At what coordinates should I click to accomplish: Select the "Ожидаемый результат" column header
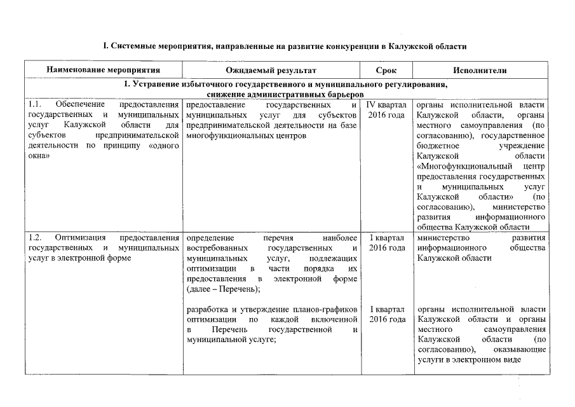pyautogui.click(x=271, y=69)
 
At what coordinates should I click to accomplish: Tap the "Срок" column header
pyautogui.click(x=386, y=69)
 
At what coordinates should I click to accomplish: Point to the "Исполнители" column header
pyautogui.click(x=480, y=69)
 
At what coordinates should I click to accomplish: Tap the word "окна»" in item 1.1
pyautogui.click(x=39, y=156)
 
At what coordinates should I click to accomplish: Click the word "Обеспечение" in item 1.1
pyautogui.click(x=78, y=104)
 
